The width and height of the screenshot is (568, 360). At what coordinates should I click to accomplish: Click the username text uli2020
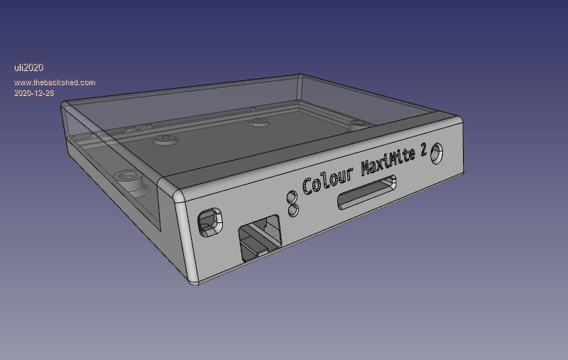28,67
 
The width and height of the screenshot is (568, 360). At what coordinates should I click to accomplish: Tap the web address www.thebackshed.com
55,82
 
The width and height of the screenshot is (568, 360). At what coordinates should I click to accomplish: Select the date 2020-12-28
34,93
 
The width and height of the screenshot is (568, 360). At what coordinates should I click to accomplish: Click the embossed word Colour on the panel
328,181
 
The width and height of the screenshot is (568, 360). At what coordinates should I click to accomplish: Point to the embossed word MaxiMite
388,163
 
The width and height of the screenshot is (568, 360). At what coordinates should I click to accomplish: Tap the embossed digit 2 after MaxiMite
423,149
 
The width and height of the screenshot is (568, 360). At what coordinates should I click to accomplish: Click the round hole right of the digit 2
437,153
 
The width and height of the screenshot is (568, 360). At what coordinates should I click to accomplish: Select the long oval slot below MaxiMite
366,192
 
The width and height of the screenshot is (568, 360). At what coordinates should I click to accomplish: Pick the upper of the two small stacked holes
292,197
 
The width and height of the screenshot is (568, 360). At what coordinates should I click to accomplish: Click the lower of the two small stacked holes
293,210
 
